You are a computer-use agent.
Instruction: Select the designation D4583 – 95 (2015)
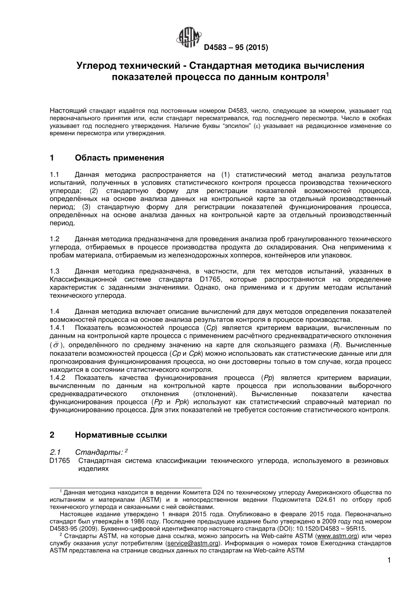point(235,47)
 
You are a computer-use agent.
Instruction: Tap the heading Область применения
point(119,158)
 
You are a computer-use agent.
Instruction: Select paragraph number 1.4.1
point(58,328)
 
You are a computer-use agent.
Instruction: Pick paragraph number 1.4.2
point(58,378)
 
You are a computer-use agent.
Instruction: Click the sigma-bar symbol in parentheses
point(56,345)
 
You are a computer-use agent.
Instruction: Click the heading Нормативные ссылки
point(121,435)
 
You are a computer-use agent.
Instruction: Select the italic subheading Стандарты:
point(99,452)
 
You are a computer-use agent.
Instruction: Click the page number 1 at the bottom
point(389,560)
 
